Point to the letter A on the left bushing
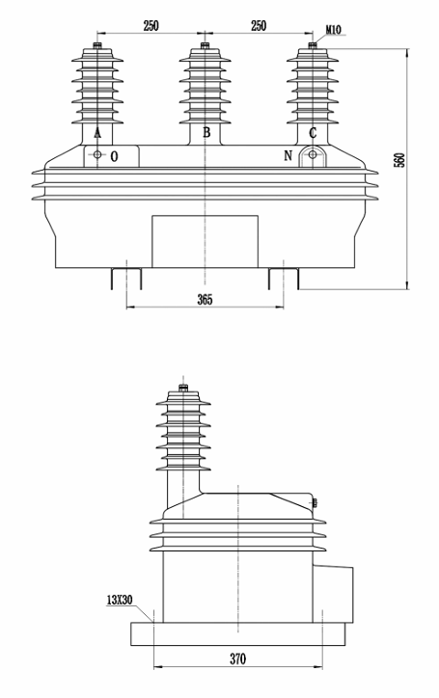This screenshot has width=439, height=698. (x=97, y=133)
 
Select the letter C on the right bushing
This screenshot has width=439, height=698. (x=312, y=133)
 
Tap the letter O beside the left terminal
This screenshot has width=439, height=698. (x=115, y=155)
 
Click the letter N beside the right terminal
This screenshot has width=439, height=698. (x=288, y=155)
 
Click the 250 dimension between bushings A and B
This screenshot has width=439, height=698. (x=151, y=25)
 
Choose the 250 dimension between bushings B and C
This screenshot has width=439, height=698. (x=258, y=25)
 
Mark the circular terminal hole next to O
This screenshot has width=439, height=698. (x=97, y=155)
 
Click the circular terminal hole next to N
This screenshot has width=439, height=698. (x=312, y=155)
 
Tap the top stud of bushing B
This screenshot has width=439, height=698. (x=205, y=45)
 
